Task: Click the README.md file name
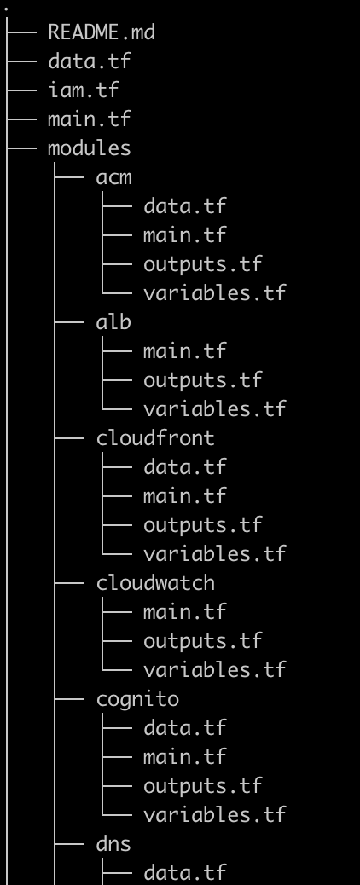pyautogui.click(x=102, y=32)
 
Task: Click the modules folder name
pyautogui.click(x=89, y=147)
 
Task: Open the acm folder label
pyautogui.click(x=113, y=176)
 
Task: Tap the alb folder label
pyautogui.click(x=113, y=321)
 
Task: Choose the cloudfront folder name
pyautogui.click(x=155, y=437)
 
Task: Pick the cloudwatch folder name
pyautogui.click(x=155, y=582)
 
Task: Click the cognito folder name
pyautogui.click(x=137, y=698)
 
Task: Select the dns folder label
pyautogui.click(x=113, y=843)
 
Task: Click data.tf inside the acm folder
pyautogui.click(x=185, y=205)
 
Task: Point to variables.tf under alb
pyautogui.click(x=214, y=408)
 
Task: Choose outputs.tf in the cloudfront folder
pyautogui.click(x=203, y=524)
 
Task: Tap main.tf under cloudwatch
pyautogui.click(x=185, y=611)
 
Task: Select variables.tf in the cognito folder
pyautogui.click(x=214, y=814)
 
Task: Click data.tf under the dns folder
pyautogui.click(x=185, y=872)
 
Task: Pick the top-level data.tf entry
pyautogui.click(x=89, y=61)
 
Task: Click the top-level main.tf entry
pyautogui.click(x=89, y=119)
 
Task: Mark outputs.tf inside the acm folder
pyautogui.click(x=203, y=263)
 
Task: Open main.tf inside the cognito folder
pyautogui.click(x=185, y=756)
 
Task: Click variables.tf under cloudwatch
pyautogui.click(x=214, y=669)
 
